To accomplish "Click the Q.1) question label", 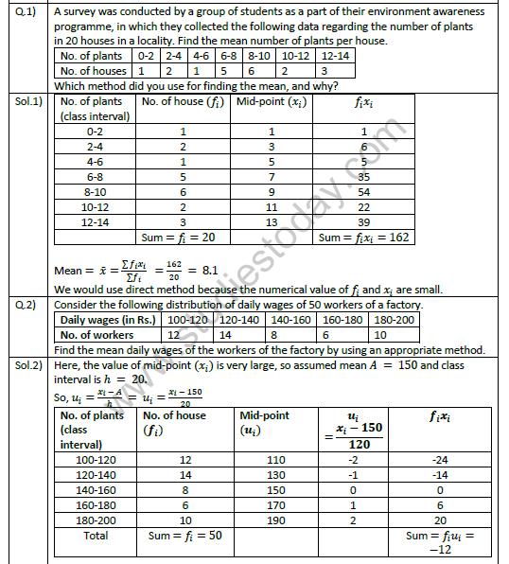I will tap(23, 12).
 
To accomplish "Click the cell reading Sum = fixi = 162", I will tap(364, 238).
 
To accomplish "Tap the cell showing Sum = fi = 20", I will tap(179, 238).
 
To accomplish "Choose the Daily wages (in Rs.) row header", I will tap(105, 321).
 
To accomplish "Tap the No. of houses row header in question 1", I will tap(92, 70).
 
